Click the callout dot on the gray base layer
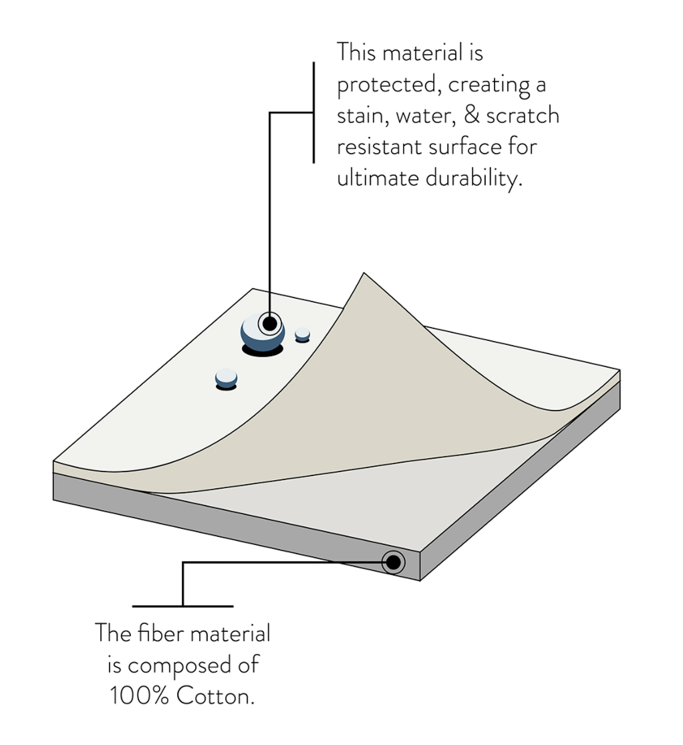click(x=393, y=563)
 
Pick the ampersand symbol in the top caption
click(x=472, y=115)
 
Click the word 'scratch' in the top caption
click(x=523, y=116)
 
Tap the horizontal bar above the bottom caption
click(x=182, y=606)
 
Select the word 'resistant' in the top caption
click(x=379, y=147)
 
